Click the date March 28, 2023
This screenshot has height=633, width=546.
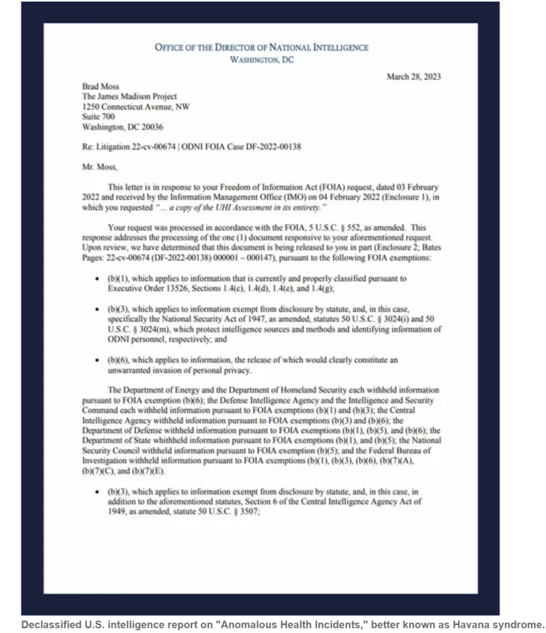tap(414, 76)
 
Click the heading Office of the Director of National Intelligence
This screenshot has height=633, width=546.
tap(261, 47)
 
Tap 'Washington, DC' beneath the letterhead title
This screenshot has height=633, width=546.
tap(261, 60)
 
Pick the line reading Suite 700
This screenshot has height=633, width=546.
tap(99, 116)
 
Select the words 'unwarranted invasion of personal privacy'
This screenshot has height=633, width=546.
tap(188, 370)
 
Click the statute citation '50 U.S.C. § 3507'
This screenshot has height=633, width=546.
tap(222, 511)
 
